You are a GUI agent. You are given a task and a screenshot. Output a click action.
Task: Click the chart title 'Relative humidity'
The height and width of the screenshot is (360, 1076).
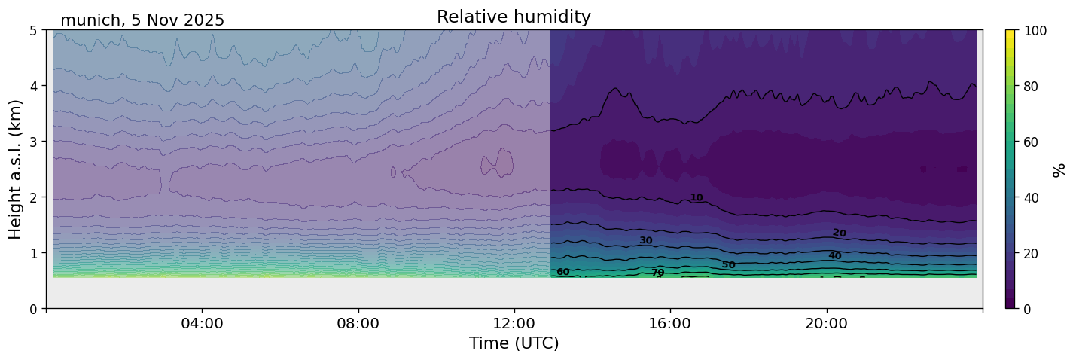[x=514, y=17]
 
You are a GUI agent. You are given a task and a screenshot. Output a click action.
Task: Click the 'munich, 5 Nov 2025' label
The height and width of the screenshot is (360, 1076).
[x=142, y=20]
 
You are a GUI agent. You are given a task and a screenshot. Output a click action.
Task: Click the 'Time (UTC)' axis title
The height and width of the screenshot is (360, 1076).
[x=514, y=344]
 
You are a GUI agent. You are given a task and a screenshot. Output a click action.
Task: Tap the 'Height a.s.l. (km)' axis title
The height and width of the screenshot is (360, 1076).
[x=16, y=169]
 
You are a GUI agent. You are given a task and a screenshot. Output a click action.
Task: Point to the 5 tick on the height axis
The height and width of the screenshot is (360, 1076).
[x=35, y=30]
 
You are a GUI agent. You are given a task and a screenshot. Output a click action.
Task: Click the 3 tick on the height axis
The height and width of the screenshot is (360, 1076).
[x=35, y=142]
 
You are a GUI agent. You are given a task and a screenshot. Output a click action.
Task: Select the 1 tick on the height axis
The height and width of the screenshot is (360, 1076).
[x=35, y=253]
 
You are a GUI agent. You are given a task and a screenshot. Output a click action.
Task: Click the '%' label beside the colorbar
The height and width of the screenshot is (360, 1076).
[x=1059, y=169]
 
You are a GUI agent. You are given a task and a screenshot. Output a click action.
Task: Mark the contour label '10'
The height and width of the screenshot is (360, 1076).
[x=697, y=198]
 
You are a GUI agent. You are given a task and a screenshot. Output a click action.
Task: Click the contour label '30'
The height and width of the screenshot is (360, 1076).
[x=645, y=241]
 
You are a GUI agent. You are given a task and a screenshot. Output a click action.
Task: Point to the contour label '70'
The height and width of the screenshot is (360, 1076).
[x=657, y=273]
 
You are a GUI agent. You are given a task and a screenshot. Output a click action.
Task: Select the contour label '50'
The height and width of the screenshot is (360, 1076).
[x=728, y=265]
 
